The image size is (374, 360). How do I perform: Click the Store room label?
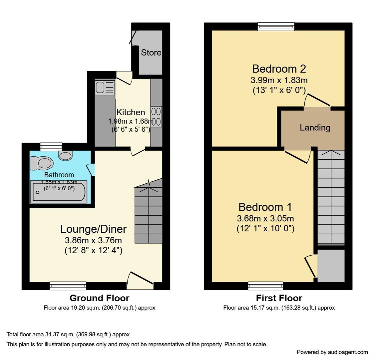point(151,53)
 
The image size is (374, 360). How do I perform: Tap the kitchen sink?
point(100,87)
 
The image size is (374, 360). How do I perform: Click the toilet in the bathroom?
point(42,163)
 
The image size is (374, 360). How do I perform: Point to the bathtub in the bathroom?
point(58,192)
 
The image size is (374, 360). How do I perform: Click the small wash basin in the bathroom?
point(65,155)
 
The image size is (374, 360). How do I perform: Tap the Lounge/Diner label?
point(93,229)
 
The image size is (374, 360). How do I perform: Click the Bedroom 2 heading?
point(279,69)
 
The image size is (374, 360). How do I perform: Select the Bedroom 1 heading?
point(265,207)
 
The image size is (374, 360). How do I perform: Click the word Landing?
point(315,128)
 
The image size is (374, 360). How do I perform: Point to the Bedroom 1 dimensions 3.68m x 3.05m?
point(265,219)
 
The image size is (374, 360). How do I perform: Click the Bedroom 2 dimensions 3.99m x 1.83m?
point(279,80)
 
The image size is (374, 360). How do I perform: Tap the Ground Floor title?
point(99,298)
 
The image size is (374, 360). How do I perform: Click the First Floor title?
point(279,298)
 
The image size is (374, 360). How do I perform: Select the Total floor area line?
point(68,334)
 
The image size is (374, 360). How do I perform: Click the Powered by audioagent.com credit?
point(332,352)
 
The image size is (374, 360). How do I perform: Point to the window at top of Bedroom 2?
point(276,26)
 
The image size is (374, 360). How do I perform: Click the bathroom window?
point(51,146)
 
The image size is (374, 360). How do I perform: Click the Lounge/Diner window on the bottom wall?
point(68,286)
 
